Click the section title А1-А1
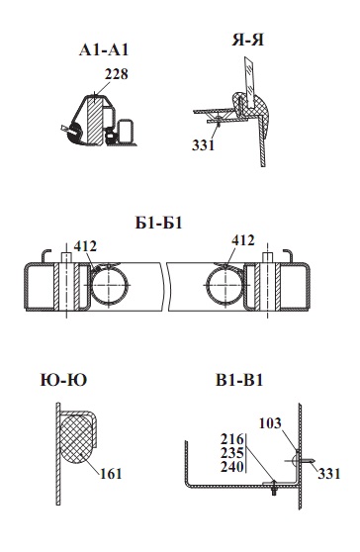[x=104, y=50]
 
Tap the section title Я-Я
[x=247, y=40]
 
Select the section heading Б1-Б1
[x=158, y=223]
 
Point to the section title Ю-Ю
[x=63, y=380]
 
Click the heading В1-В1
[x=239, y=380]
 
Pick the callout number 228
[x=116, y=74]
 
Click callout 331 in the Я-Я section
[x=204, y=144]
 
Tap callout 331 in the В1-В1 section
[x=329, y=474]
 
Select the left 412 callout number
[x=85, y=246]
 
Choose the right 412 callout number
[x=243, y=240]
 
